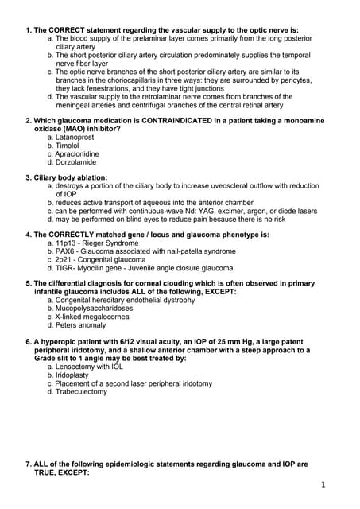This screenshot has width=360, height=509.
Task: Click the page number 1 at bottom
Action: [324, 484]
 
